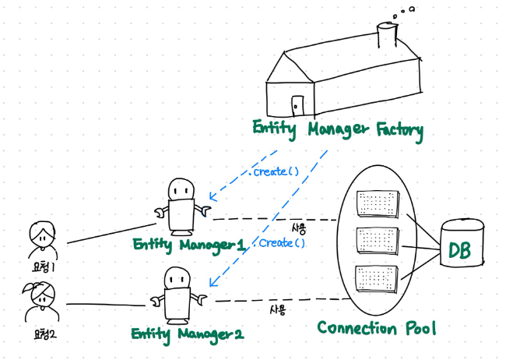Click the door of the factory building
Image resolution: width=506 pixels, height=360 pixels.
click(297, 105)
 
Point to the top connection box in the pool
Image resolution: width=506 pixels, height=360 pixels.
click(378, 204)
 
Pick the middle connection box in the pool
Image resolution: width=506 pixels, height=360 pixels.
click(378, 242)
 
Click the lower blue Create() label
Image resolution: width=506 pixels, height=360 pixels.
click(281, 243)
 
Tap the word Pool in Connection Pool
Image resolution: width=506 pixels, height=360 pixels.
click(415, 328)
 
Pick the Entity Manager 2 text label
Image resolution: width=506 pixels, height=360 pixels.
click(188, 334)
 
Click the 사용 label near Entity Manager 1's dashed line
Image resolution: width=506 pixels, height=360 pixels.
click(299, 229)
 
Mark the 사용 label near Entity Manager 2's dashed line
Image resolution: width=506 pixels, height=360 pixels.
click(279, 309)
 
